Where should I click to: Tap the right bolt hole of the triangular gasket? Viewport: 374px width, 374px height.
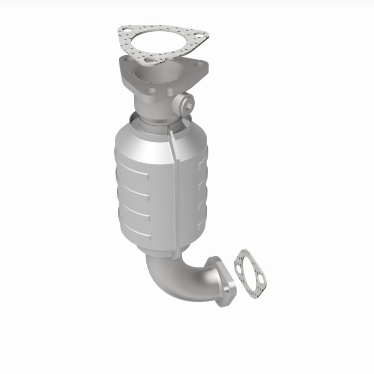pyautogui.click(x=200, y=34)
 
